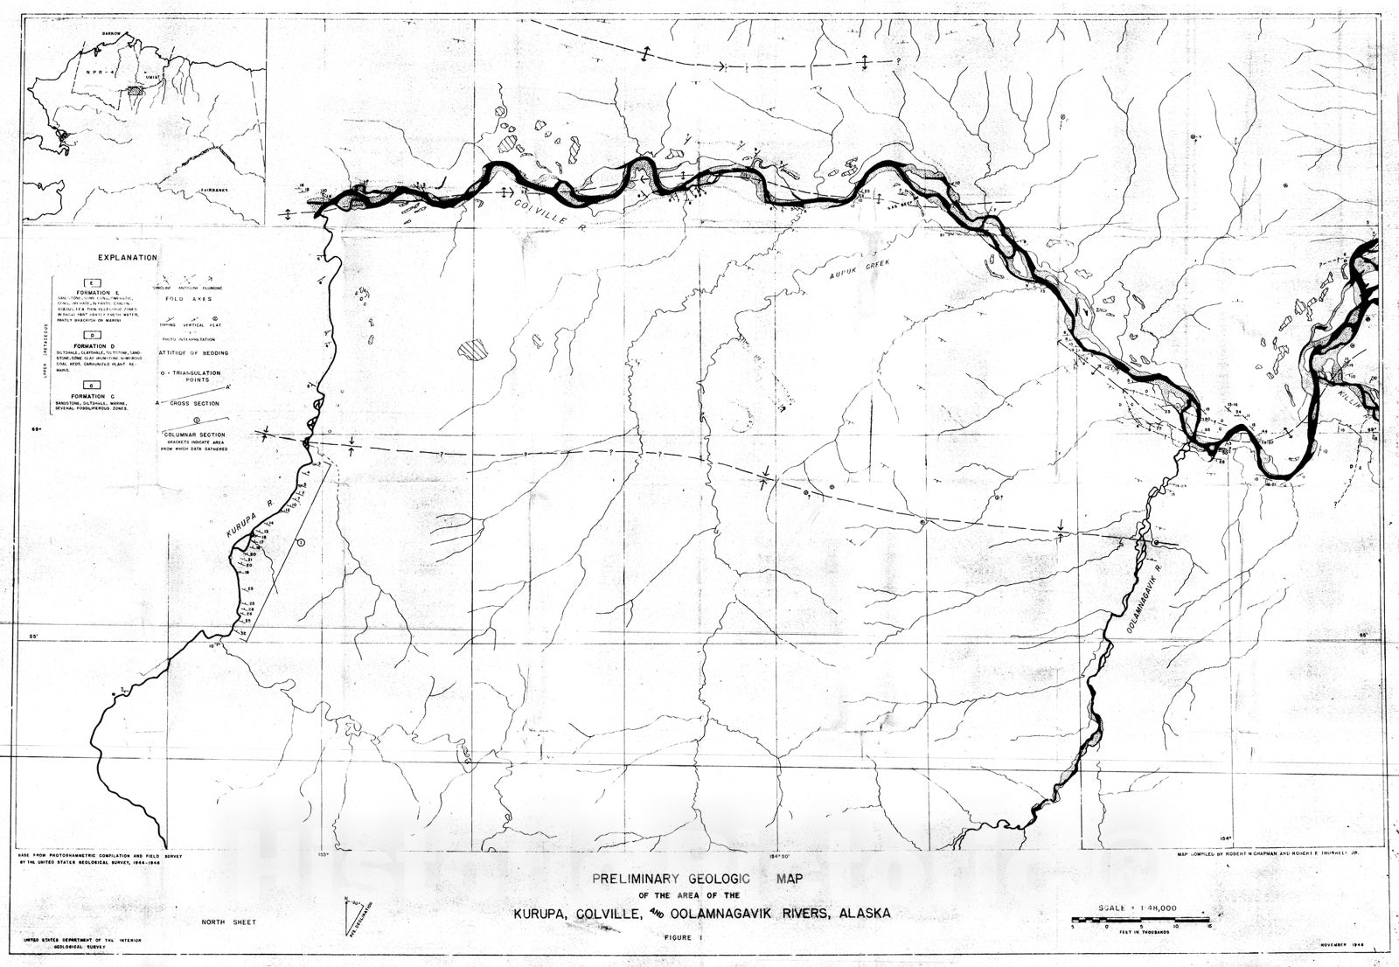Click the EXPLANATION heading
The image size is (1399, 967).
click(x=128, y=258)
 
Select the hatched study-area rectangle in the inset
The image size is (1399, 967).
click(x=134, y=88)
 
